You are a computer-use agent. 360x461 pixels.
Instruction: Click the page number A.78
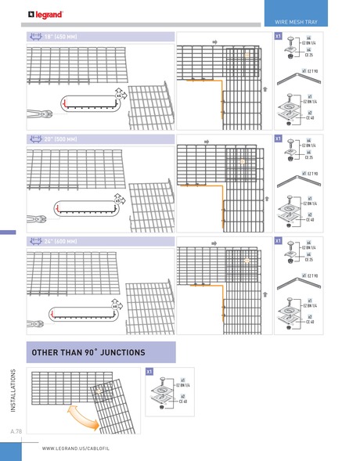pyautogui.click(x=16, y=431)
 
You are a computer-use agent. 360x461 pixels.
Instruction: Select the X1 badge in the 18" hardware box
pyautogui.click(x=278, y=37)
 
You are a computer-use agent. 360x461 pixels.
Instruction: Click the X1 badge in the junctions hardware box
pyautogui.click(x=150, y=370)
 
